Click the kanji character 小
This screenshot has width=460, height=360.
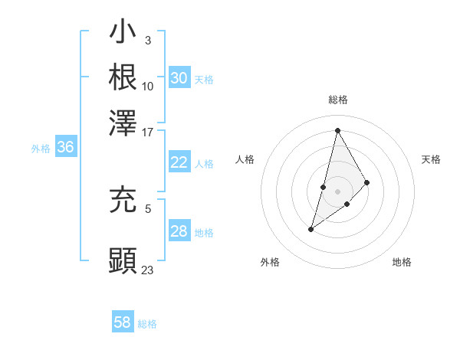coord(123,33)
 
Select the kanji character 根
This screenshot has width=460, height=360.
coord(123,77)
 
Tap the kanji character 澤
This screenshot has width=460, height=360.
coord(123,120)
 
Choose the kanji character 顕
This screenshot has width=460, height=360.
coord(123,260)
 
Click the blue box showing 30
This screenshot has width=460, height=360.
coord(179,78)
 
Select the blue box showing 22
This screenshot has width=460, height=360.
coord(179,162)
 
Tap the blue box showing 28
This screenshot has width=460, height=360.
coord(179,231)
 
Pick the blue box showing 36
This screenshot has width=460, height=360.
coord(65,148)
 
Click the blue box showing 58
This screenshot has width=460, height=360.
coord(123,322)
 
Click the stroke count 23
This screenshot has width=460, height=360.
coord(148,270)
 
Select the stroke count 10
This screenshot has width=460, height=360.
coord(148,86)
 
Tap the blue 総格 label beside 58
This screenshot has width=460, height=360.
coord(147,324)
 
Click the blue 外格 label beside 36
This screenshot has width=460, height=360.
coord(41,149)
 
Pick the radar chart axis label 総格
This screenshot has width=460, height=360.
coord(337,100)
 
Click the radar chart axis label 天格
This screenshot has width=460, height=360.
coord(431,159)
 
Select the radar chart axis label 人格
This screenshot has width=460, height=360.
coord(245,159)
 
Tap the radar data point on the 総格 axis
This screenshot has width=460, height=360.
coord(337,129)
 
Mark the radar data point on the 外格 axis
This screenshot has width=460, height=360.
coord(310,229)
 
